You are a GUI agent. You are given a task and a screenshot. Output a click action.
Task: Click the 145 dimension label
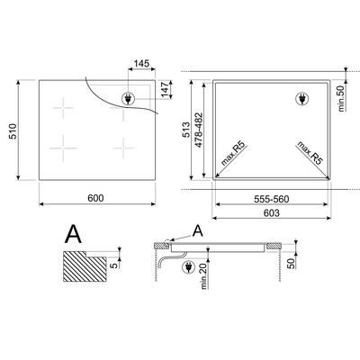[x=141, y=64]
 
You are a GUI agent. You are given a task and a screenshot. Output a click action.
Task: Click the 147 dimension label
[x=166, y=89]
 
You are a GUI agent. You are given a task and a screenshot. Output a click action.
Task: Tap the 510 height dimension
[x=13, y=131]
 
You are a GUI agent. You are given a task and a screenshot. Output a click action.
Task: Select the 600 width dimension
[x=95, y=198]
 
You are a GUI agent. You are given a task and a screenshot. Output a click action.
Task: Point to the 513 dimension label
[x=186, y=130]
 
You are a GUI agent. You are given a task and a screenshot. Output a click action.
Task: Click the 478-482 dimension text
[x=199, y=130]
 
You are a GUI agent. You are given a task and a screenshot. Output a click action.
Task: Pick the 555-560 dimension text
[x=272, y=199]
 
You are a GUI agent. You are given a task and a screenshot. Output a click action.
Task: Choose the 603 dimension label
[x=272, y=212]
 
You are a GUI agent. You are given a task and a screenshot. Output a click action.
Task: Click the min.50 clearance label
[x=341, y=98]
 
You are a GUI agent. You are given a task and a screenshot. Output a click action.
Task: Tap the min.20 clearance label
[x=205, y=275]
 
